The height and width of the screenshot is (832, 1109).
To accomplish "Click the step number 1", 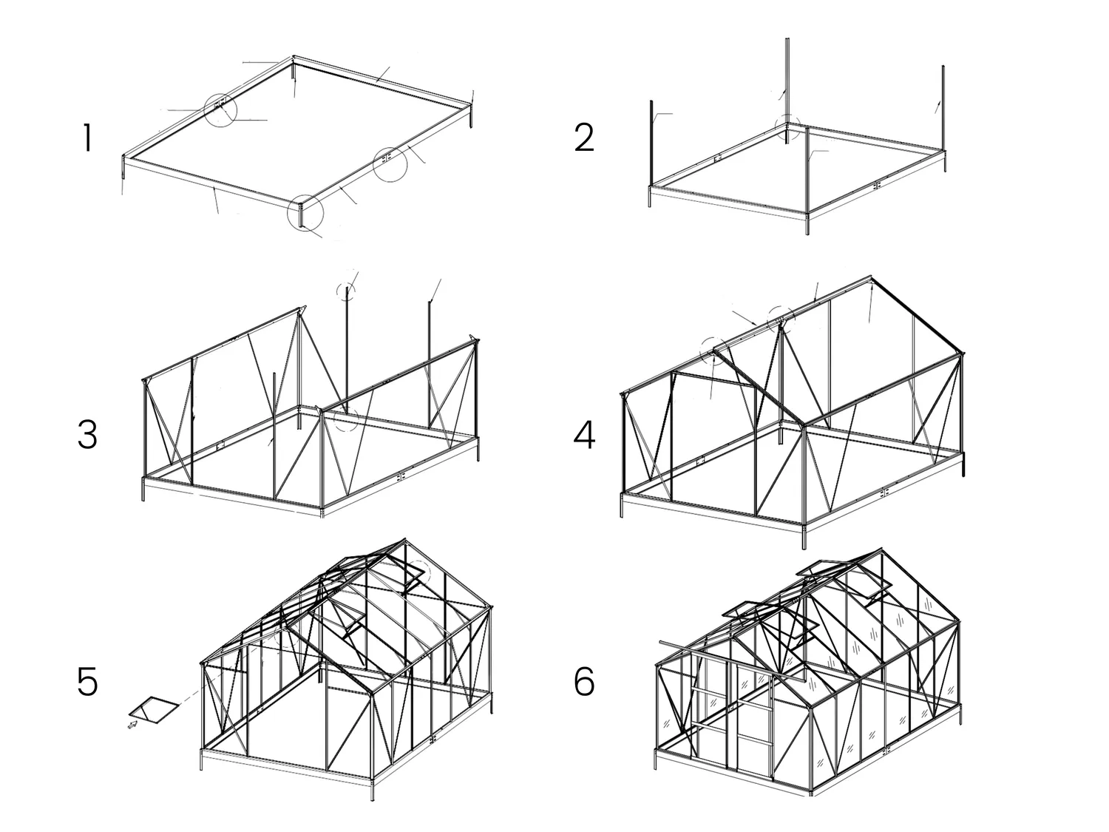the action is click(88, 138).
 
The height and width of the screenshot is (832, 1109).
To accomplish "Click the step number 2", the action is click(584, 138).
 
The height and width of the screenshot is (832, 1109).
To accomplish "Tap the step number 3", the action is click(87, 435).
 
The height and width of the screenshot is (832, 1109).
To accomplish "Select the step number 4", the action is click(584, 436).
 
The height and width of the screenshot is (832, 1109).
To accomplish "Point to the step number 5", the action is click(87, 682).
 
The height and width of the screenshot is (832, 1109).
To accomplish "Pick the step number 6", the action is click(584, 682).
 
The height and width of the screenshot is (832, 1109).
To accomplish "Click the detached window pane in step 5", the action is click(154, 710).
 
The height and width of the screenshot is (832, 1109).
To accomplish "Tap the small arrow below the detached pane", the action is click(133, 726).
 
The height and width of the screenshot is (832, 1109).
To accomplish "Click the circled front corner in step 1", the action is click(305, 213).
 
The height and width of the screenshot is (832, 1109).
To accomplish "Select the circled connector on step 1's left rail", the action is click(220, 109).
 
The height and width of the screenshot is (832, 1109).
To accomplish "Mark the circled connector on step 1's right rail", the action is click(390, 163).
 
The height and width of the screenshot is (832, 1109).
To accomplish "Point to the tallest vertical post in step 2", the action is click(787, 91).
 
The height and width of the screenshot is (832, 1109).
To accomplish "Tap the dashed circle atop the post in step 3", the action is click(346, 291).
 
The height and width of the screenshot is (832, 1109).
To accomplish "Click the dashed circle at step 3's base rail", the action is click(347, 419).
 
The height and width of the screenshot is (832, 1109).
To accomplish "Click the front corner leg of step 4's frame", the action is click(804, 536).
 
